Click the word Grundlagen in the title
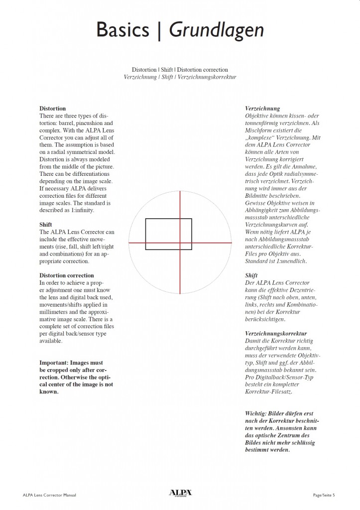click(x=216, y=31)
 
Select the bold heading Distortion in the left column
click(x=52, y=108)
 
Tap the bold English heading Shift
click(x=46, y=225)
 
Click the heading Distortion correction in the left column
click(x=66, y=275)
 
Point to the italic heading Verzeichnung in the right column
click(x=262, y=108)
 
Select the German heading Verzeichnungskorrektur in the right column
click(x=276, y=333)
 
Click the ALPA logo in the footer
click(x=180, y=493)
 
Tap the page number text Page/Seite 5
click(x=324, y=495)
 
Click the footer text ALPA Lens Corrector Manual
click(x=49, y=495)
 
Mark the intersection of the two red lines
click(x=180, y=243)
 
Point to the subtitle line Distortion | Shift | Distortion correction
click(x=180, y=70)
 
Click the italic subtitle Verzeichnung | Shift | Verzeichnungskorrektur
click(x=180, y=77)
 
